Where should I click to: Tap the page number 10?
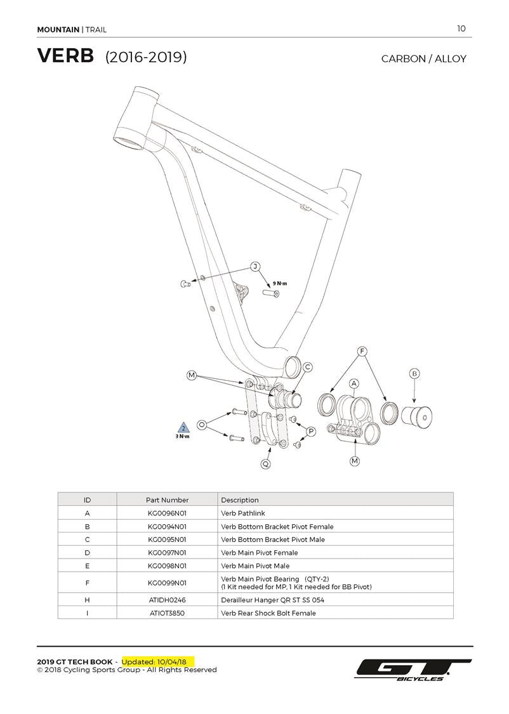[461, 28]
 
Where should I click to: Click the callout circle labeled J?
[255, 267]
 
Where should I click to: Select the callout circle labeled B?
[414, 374]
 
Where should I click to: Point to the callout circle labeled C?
[307, 367]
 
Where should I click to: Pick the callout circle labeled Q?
[266, 464]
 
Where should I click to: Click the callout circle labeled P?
[311, 432]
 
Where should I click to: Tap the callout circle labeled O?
[202, 424]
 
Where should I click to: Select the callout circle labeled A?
[354, 383]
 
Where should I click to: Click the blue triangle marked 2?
[183, 428]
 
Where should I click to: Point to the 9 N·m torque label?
[280, 283]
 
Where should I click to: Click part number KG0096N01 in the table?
[167, 513]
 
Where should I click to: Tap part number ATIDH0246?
[167, 600]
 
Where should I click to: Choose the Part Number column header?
[167, 499]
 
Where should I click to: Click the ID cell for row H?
[87, 600]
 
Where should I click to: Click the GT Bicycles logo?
[413, 670]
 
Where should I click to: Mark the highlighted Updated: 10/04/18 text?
[159, 661]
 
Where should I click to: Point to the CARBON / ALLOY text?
[423, 59]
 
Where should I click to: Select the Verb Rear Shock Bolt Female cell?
[268, 613]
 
